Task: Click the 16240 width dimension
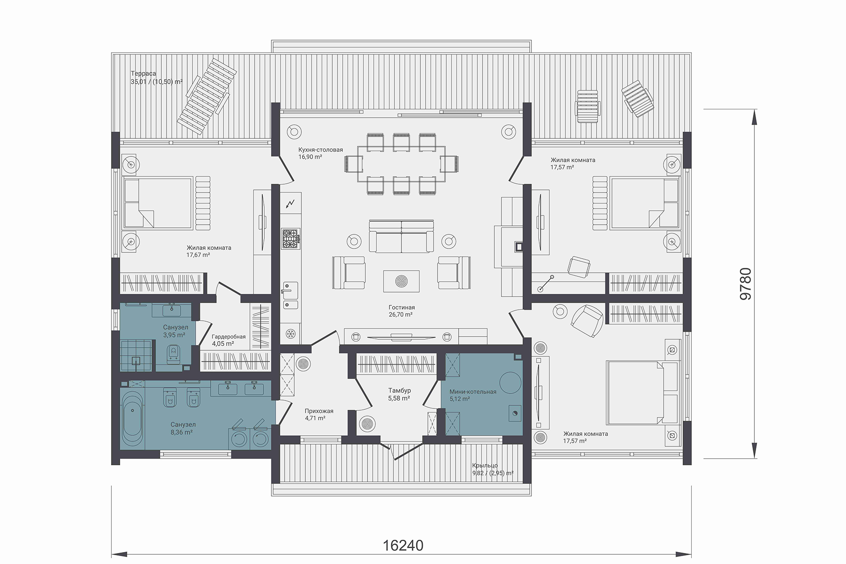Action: click(403, 545)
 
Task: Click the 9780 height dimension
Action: click(745, 284)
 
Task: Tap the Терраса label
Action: click(143, 74)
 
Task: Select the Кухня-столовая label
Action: click(320, 150)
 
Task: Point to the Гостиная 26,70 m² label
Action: click(401, 311)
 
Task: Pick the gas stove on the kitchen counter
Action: click(291, 239)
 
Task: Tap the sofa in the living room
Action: click(401, 236)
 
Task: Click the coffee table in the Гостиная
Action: click(401, 281)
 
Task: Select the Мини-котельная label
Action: click(473, 392)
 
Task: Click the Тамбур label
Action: click(399, 390)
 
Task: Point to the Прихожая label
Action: click(319, 411)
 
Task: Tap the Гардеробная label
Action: click(229, 337)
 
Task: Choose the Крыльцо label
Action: click(485, 465)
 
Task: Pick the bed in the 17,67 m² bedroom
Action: click(157, 203)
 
